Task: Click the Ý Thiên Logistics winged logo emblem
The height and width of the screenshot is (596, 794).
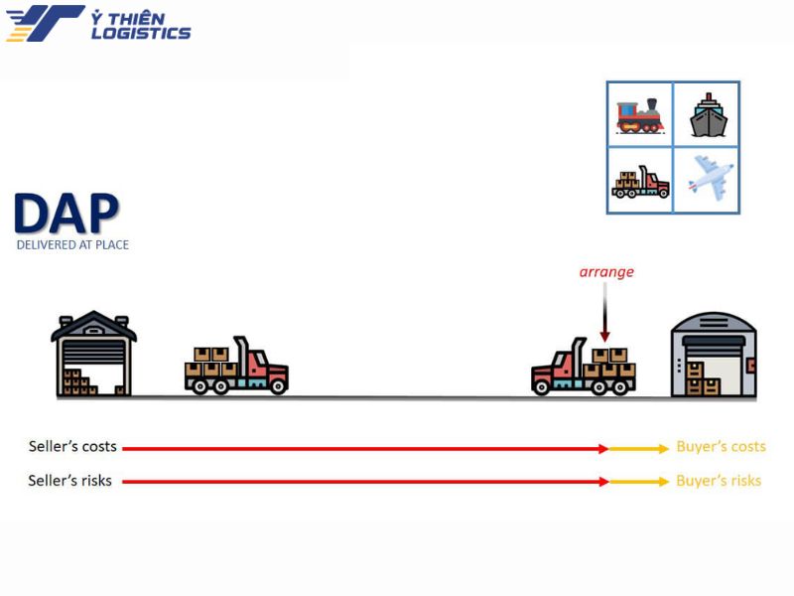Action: coord(45,23)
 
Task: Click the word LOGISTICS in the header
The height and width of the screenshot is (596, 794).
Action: coord(141,33)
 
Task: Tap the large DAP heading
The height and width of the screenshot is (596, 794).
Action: coord(66,214)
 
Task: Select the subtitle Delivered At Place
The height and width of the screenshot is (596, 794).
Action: coord(72,244)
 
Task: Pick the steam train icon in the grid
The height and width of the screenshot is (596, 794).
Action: coord(640,116)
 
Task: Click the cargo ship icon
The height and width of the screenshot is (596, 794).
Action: coord(709,115)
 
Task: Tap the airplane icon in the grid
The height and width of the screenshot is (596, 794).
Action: coord(710,178)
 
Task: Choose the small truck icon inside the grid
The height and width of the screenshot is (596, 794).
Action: coord(640,182)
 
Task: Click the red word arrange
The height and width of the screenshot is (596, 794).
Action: coord(606,272)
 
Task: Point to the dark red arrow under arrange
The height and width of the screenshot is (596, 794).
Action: coord(604,312)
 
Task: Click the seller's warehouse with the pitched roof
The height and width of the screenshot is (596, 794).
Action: coord(93,354)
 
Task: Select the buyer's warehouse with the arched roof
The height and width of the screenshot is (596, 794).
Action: coord(714,355)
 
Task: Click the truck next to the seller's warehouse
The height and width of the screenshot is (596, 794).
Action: coord(236,366)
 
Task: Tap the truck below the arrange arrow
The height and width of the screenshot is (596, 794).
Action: coord(584,367)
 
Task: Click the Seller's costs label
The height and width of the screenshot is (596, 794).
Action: coord(72,446)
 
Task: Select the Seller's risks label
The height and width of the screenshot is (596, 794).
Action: coord(69,481)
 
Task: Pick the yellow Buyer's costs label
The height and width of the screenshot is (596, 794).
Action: coord(722,446)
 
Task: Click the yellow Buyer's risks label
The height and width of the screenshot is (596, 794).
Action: coord(719,481)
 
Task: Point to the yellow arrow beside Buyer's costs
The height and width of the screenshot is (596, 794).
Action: coord(639,449)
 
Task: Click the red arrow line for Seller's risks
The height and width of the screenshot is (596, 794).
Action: coord(365,482)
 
